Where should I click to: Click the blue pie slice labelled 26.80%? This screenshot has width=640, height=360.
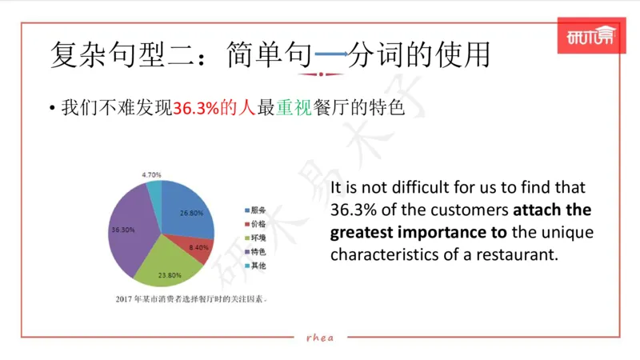tap(188, 210)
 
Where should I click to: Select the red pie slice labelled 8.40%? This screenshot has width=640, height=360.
tap(196, 248)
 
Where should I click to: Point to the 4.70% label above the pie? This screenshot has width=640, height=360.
tap(152, 174)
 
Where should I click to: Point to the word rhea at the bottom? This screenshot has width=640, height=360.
tap(320, 337)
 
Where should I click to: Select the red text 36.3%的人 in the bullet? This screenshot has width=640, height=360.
tap(215, 108)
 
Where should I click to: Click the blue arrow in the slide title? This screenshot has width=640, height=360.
tap(331, 54)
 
